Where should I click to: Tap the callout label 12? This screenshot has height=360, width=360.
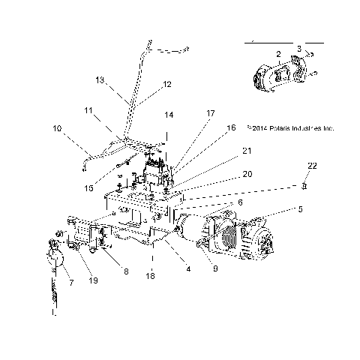click(x=167, y=84)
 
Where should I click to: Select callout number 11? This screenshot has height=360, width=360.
click(x=88, y=110)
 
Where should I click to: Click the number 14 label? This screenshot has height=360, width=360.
click(x=169, y=115)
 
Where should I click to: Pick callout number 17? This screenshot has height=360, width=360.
click(x=211, y=113)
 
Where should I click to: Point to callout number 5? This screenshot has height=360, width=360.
click(x=300, y=210)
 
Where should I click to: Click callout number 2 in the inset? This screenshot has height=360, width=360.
click(x=277, y=54)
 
